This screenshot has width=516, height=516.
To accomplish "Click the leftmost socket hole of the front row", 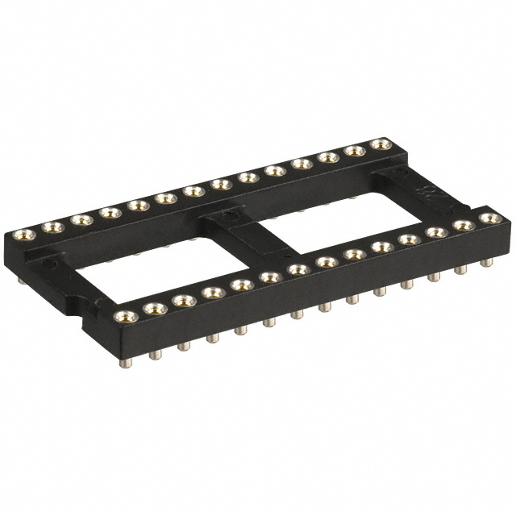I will click(123, 315).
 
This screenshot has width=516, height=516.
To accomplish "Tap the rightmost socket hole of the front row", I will click(487, 218).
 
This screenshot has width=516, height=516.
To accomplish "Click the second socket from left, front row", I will click(153, 306).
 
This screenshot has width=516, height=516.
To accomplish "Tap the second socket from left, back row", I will click(51, 227).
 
